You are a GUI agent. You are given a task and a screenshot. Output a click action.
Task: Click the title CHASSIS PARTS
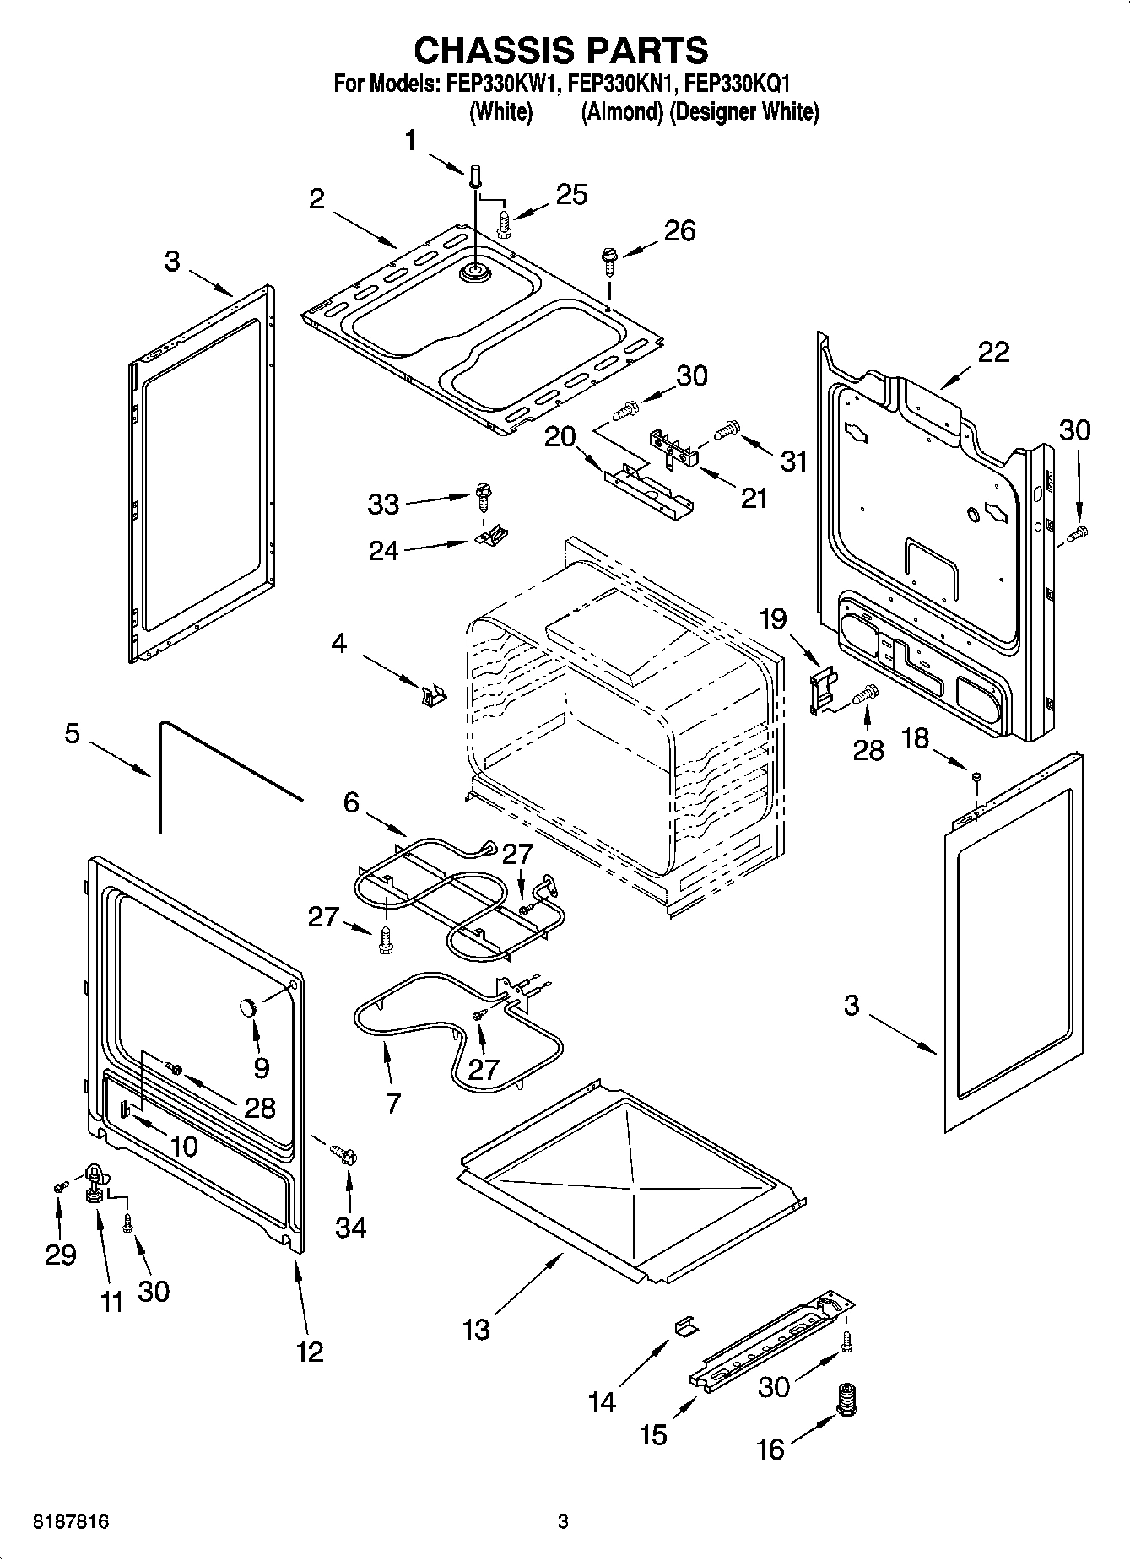[x=560, y=50]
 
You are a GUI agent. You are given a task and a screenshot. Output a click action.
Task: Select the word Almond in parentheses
[x=621, y=111]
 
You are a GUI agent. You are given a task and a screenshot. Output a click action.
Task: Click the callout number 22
[x=992, y=352]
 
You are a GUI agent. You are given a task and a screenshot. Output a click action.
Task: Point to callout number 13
[x=476, y=1331]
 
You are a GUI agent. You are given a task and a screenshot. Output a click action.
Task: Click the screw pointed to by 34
[x=344, y=1152]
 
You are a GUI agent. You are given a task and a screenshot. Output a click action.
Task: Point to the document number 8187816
[x=70, y=1523]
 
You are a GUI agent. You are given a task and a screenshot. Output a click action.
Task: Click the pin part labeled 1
[x=474, y=179]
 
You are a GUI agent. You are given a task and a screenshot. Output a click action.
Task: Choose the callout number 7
[x=393, y=1103]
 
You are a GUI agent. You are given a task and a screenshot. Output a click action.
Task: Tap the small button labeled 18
[x=976, y=776]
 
